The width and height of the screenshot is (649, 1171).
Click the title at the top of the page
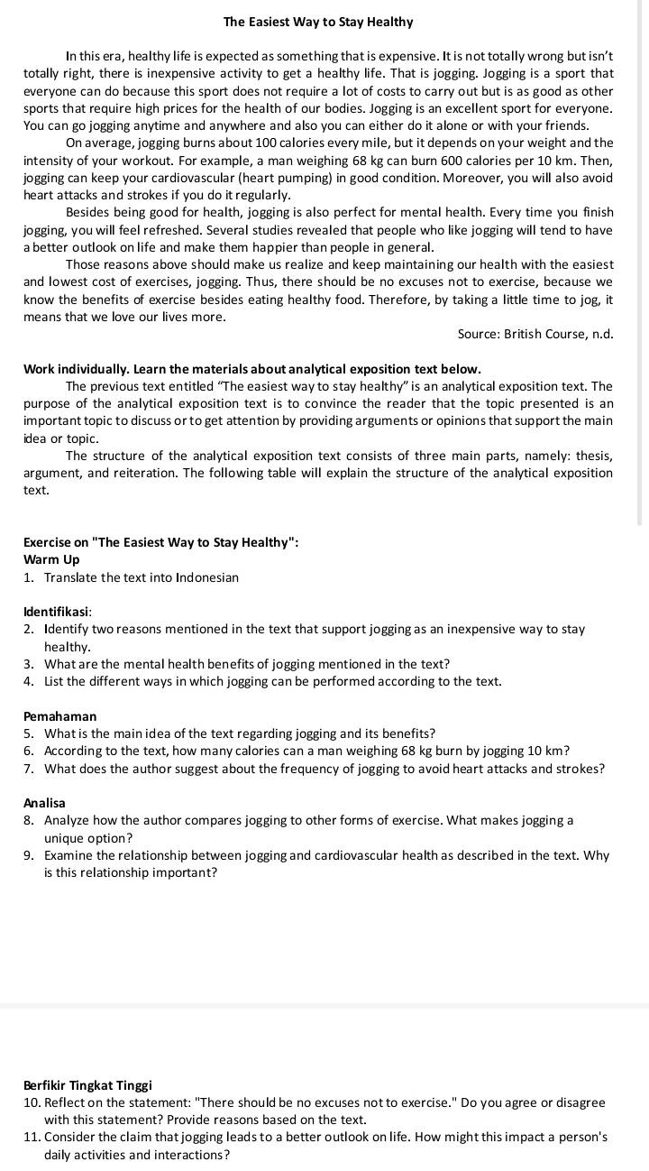[318, 22]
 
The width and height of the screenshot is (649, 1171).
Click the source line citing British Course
[535, 334]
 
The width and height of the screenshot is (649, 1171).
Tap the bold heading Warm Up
[51, 559]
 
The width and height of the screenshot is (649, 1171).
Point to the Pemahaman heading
[59, 715]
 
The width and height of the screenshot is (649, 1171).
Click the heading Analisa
[44, 802]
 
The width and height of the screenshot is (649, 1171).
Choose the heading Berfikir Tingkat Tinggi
[87, 1085]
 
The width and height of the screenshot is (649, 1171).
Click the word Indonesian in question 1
[207, 577]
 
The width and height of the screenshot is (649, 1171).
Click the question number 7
[30, 769]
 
